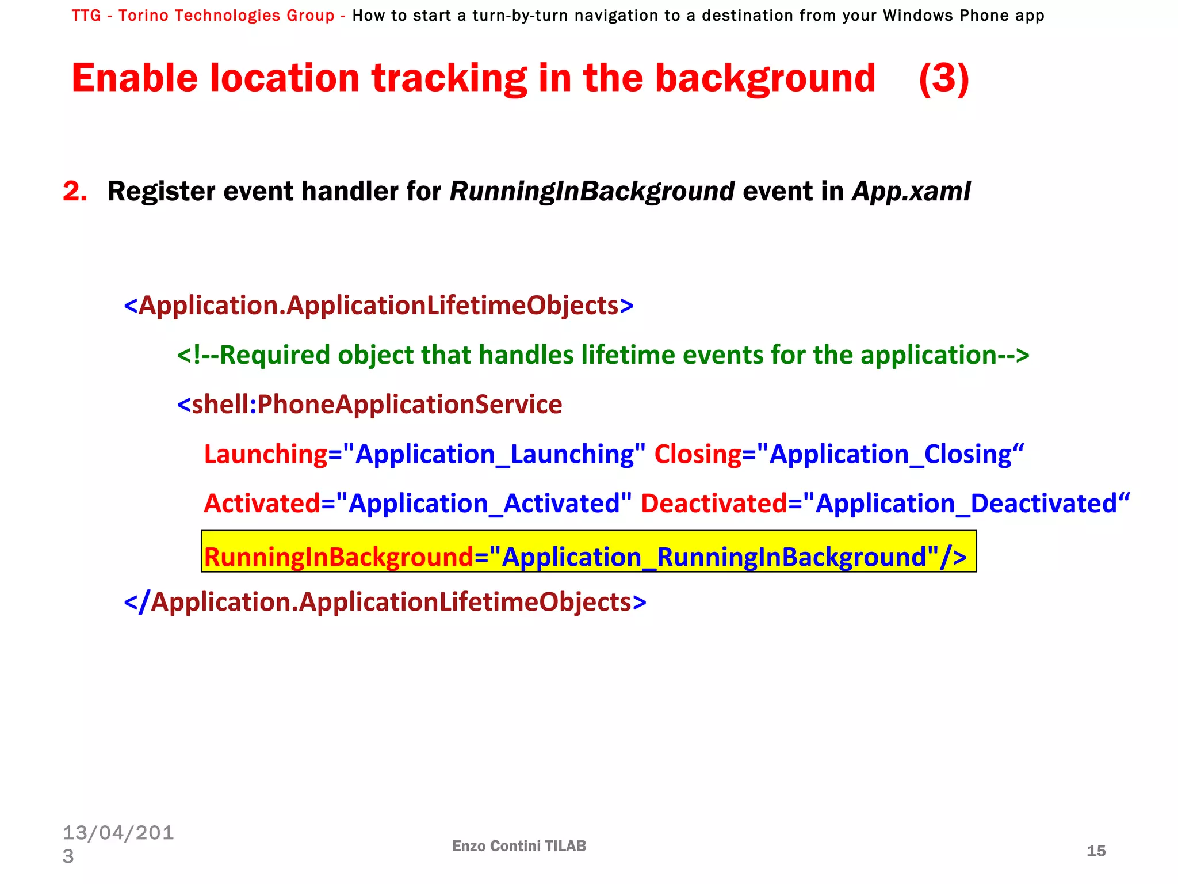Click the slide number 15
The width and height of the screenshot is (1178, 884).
pyautogui.click(x=1096, y=851)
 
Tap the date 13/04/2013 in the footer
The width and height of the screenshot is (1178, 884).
pyautogui.click(x=118, y=843)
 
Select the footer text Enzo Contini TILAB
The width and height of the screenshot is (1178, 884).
pyautogui.click(x=519, y=845)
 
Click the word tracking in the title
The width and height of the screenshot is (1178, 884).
pyautogui.click(x=449, y=79)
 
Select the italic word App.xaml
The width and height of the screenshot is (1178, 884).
pyautogui.click(x=911, y=192)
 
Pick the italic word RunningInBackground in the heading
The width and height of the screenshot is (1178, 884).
pyautogui.click(x=592, y=192)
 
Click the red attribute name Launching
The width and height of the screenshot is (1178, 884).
pyautogui.click(x=266, y=454)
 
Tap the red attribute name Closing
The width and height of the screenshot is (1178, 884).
pyautogui.click(x=698, y=454)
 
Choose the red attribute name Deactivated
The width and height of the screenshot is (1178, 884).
pyautogui.click(x=713, y=504)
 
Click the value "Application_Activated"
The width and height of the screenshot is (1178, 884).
pyautogui.click(x=484, y=504)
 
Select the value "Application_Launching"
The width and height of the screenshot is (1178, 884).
pyautogui.click(x=494, y=454)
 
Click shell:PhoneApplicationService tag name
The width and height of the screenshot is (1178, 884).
pyautogui.click(x=377, y=405)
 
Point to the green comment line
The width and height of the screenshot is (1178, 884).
pyautogui.click(x=603, y=355)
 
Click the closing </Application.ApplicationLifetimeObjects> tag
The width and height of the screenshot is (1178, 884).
pyautogui.click(x=385, y=603)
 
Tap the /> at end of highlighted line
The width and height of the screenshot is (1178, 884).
pyautogui.click(x=953, y=557)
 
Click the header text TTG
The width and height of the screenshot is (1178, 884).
pyautogui.click(x=86, y=16)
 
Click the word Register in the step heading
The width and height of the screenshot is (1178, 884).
pyautogui.click(x=161, y=192)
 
